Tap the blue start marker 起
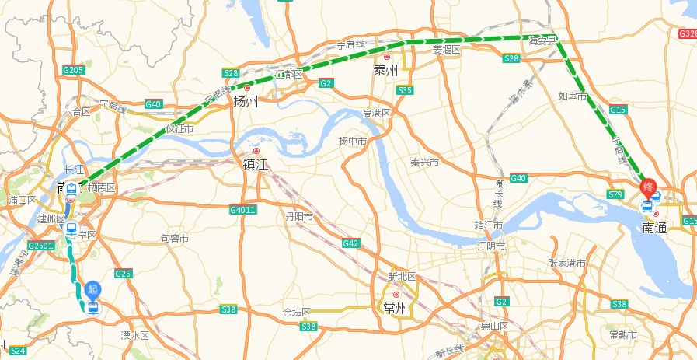pyautogui.click(x=93, y=289)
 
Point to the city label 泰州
pyautogui.click(x=385, y=70)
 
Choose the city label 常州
pyautogui.click(x=396, y=308)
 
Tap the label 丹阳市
pyautogui.click(x=299, y=217)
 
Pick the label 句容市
pyautogui.click(x=174, y=239)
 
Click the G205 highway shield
pyautogui.click(x=72, y=71)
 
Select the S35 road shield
pyautogui.click(x=405, y=91)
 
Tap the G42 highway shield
pyautogui.click(x=350, y=244)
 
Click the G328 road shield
pyautogui.click(x=688, y=34)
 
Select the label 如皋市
pyautogui.click(x=572, y=96)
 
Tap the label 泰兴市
pyautogui.click(x=425, y=163)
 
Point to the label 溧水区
pyautogui.click(x=134, y=335)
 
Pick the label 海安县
pyautogui.click(x=542, y=40)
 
